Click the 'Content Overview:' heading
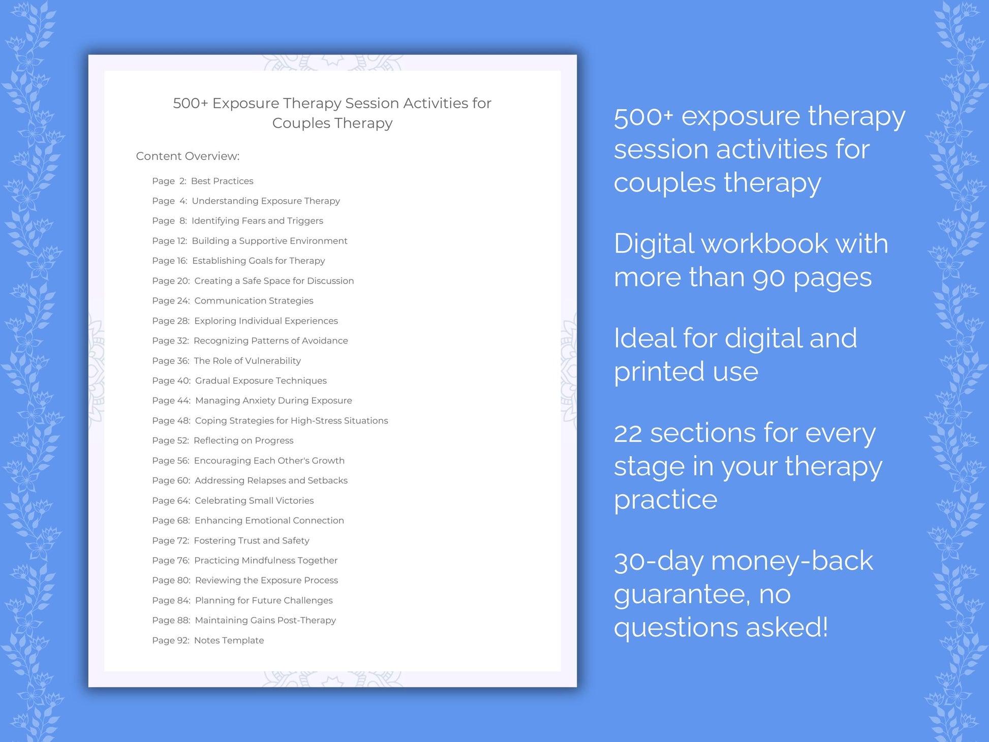(188, 156)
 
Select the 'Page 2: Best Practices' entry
(202, 181)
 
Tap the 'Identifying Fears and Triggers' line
(257, 221)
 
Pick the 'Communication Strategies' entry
(254, 301)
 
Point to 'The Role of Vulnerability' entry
(247, 361)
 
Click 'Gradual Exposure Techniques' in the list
(261, 381)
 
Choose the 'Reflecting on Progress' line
(243, 441)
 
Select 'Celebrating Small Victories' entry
(254, 501)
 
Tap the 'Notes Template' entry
(229, 640)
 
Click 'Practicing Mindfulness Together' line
(266, 561)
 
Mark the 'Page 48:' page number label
(171, 421)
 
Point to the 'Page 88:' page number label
(171, 621)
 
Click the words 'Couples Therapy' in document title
(332, 123)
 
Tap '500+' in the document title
(191, 103)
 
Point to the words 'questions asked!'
(721, 628)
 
